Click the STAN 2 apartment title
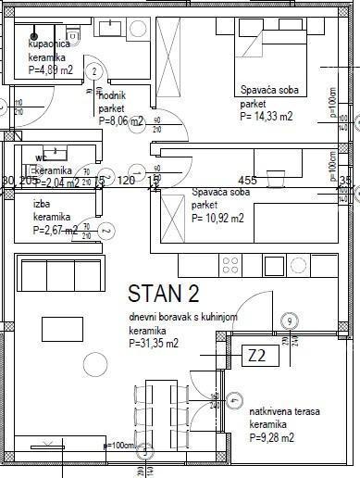[x=163, y=295]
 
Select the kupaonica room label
[x=47, y=44]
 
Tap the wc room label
[x=41, y=157]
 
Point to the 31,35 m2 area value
[x=160, y=344]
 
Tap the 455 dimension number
[x=247, y=181]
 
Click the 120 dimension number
[x=127, y=181]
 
